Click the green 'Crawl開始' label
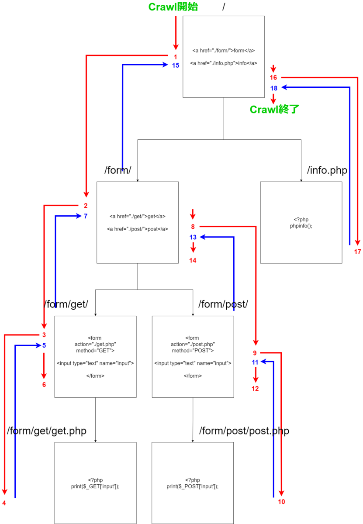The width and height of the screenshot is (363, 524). pos(173,7)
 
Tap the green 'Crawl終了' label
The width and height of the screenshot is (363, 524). pos(274,109)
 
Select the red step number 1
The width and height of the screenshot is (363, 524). pos(175,57)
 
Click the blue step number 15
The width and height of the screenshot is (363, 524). pos(176,65)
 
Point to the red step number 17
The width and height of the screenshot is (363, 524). pos(357,252)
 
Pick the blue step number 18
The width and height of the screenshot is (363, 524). pos(274,88)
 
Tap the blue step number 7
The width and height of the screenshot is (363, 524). pos(86,216)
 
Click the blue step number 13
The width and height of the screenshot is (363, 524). pos(193,237)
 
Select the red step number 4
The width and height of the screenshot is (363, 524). pos(4,503)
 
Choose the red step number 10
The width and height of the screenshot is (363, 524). pos(281,502)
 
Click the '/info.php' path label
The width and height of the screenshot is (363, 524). pos(327,170)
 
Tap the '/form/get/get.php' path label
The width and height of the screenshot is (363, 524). pos(47,431)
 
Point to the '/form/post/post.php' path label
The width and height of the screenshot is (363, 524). pos(244,431)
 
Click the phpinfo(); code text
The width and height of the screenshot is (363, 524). pos(301,226)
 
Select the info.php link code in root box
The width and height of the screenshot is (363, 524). pos(224,63)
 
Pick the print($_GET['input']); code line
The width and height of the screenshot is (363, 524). pos(95,486)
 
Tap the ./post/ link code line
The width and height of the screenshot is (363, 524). pos(138,229)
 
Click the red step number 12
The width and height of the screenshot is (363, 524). pos(255,389)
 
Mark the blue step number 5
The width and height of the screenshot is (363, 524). pos(44,345)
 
